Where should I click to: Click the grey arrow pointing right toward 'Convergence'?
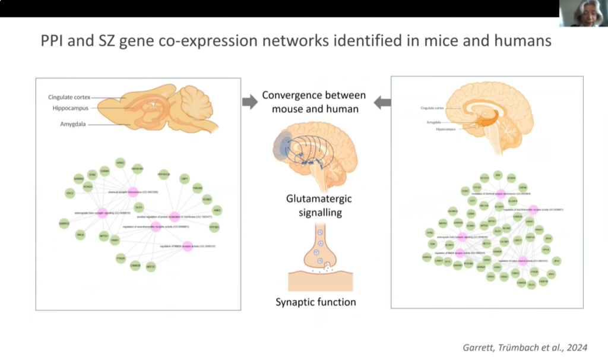point(250,102)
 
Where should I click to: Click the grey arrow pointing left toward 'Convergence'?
point(382,102)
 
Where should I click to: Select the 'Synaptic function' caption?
point(315,302)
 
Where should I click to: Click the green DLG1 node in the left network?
point(139,207)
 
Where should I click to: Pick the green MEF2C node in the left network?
point(151,266)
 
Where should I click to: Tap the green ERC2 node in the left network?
point(69,194)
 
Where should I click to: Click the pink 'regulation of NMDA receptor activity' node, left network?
point(188,246)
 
